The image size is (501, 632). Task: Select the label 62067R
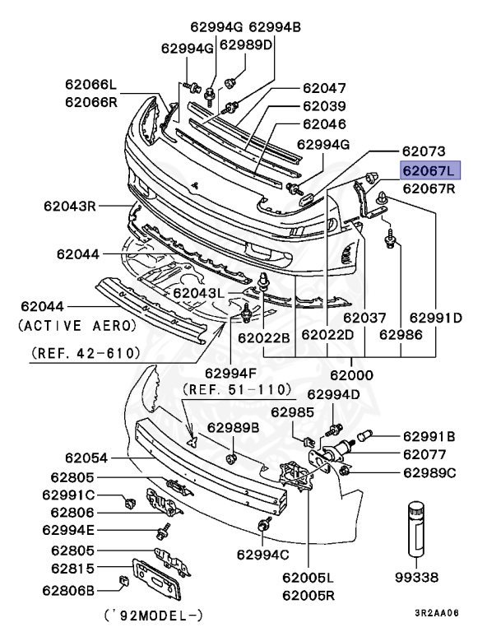[429, 188]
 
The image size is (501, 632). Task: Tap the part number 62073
[424, 152]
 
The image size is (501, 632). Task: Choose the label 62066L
[92, 85]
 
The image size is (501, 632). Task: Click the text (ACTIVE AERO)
[77, 326]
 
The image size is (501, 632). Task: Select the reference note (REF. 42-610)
[86, 353]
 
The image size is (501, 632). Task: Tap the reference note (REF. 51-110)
[237, 388]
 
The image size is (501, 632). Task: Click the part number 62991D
[435, 317]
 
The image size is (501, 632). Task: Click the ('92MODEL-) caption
[154, 616]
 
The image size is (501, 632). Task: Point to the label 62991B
[429, 436]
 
